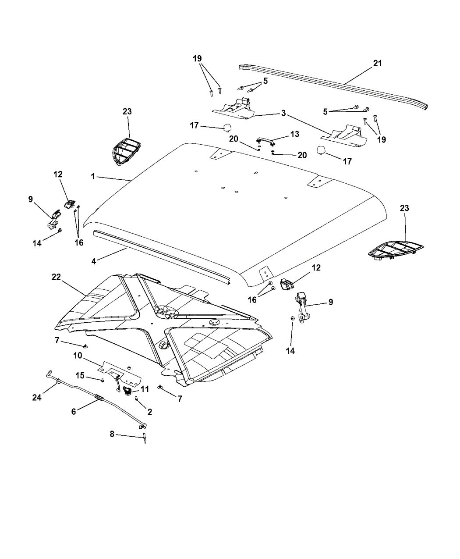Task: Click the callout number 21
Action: tap(377, 63)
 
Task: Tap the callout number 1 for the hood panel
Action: tap(93, 176)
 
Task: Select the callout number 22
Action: tap(56, 277)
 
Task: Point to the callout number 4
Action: tap(93, 261)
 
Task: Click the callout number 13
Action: tap(295, 135)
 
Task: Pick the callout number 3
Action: tap(284, 114)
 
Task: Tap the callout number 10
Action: tap(78, 355)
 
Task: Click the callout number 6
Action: tap(74, 411)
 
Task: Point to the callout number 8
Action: tap(112, 434)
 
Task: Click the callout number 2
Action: tap(150, 412)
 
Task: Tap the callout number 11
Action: tap(145, 388)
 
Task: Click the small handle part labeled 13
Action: tap(265, 141)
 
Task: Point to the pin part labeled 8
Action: tap(144, 439)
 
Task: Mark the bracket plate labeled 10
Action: tap(119, 370)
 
